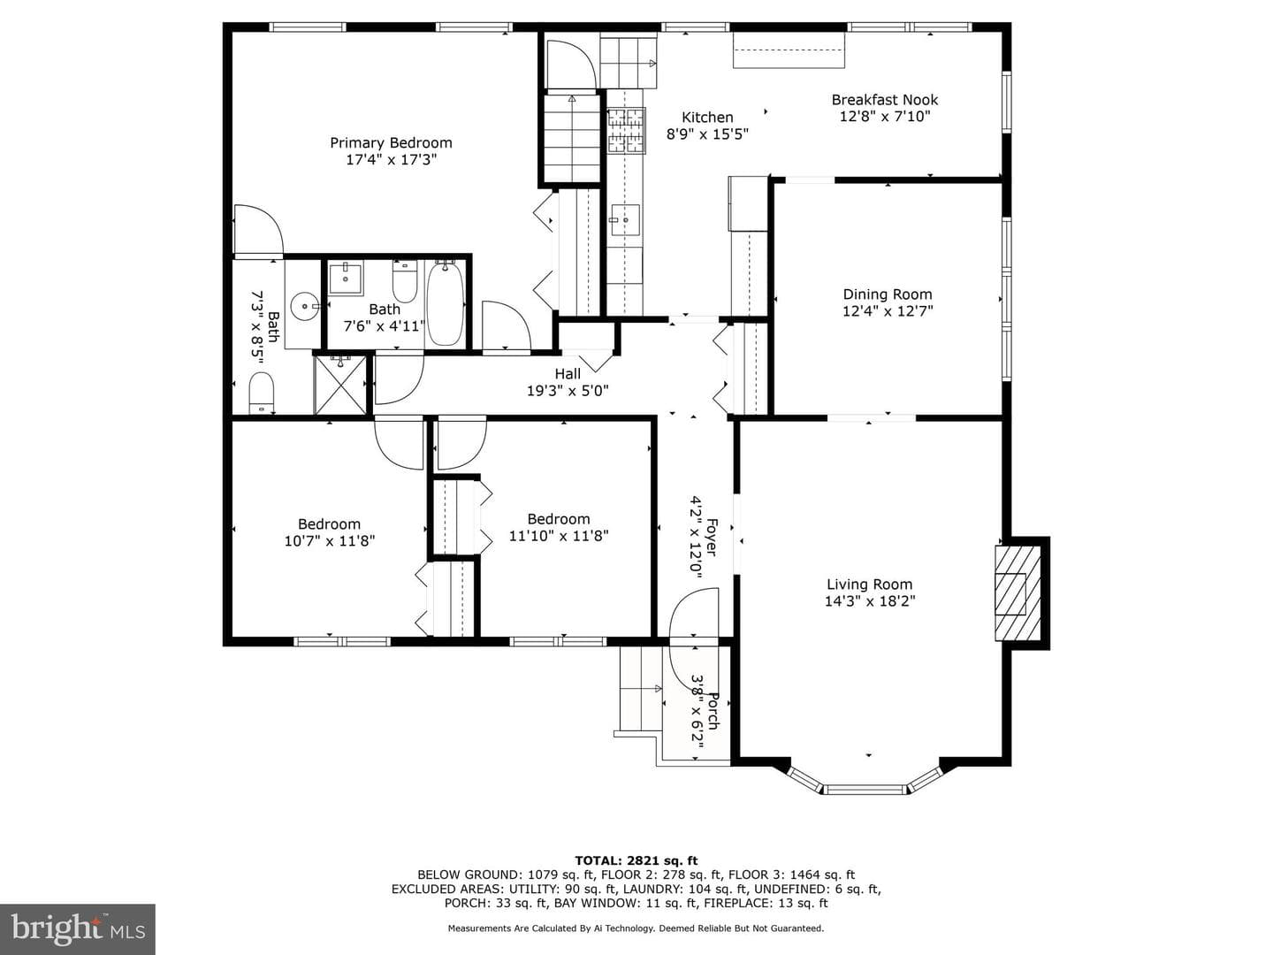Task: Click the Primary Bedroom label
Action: (x=391, y=142)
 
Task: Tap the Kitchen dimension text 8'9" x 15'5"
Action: (x=707, y=134)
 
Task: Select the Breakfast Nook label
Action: (x=884, y=100)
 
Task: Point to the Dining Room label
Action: (x=887, y=294)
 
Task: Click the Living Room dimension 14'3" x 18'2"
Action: (x=869, y=600)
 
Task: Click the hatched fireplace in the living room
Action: (x=1018, y=592)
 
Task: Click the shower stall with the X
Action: (x=340, y=385)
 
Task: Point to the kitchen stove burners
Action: (x=626, y=132)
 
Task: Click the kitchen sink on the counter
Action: (x=625, y=220)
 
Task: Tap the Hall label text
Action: (x=568, y=373)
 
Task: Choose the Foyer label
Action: (x=712, y=537)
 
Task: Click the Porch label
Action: (x=713, y=711)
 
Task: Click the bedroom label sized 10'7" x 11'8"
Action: (x=330, y=524)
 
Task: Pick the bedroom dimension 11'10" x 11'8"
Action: (x=559, y=535)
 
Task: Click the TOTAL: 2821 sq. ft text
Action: (x=636, y=860)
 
